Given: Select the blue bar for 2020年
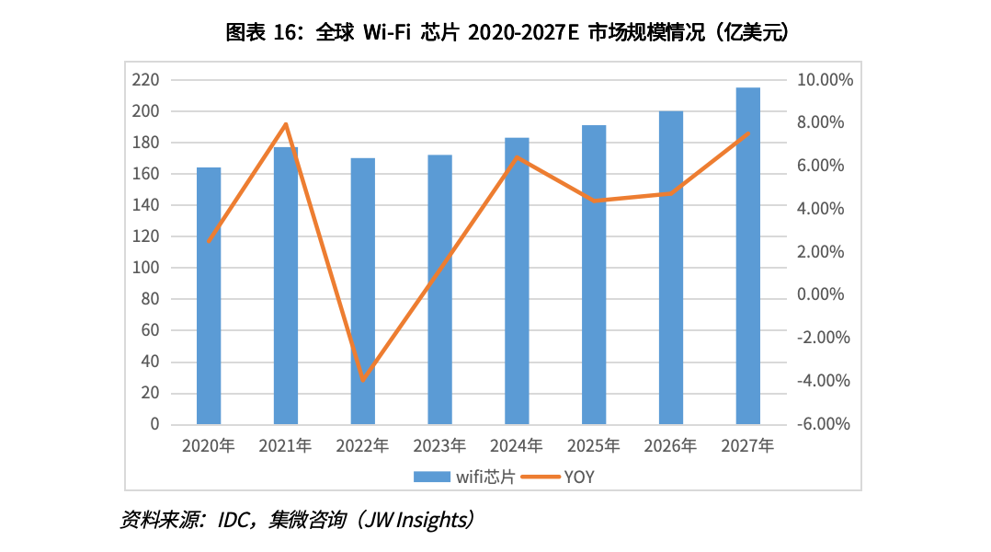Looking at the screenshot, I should tap(209, 295).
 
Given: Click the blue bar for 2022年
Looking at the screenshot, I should tap(363, 291).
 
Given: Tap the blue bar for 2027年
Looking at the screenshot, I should tap(748, 256).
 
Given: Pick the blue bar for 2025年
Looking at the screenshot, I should tap(594, 274).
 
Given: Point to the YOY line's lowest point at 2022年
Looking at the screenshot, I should tap(363, 380).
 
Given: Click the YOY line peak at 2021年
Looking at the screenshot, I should tap(286, 123).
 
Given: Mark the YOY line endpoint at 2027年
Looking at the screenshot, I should tap(748, 133).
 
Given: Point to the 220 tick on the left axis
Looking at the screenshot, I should tap(146, 80).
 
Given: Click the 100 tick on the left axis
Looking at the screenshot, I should tap(146, 268).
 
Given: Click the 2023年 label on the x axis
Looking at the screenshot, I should tap(439, 446).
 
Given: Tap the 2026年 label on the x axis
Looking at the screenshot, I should tap(671, 446).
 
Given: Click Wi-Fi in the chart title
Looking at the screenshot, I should tap(386, 33).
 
